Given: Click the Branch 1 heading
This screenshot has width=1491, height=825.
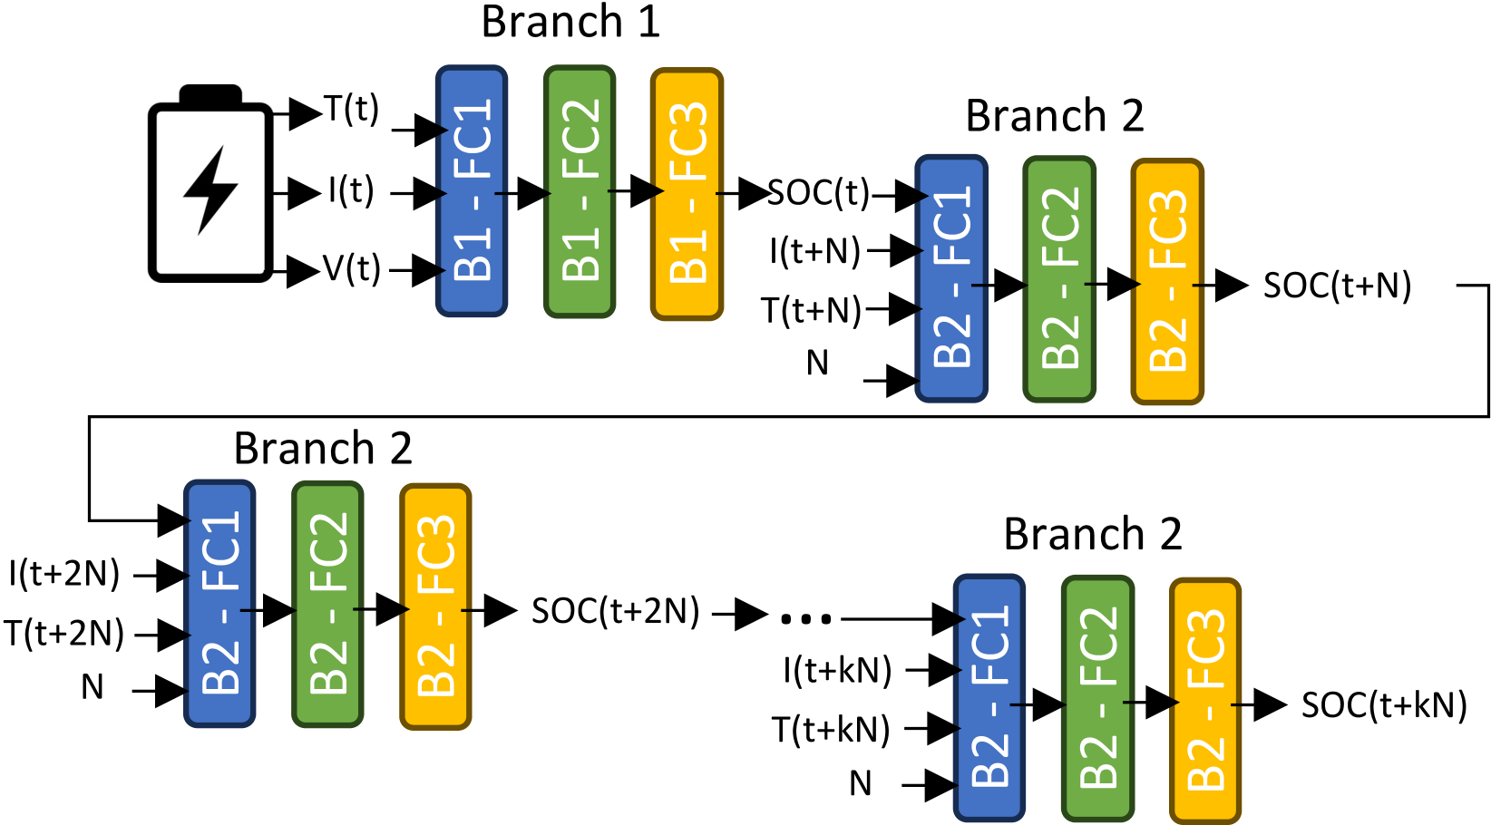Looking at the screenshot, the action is pyautogui.click(x=570, y=22).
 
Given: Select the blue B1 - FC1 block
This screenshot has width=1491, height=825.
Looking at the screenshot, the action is pyautogui.click(x=472, y=191).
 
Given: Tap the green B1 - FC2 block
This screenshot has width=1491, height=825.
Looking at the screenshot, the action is pyautogui.click(x=580, y=191).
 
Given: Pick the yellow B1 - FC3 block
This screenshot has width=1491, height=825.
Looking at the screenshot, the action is pyautogui.click(x=687, y=194).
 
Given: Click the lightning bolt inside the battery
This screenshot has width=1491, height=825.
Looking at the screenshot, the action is pyautogui.click(x=210, y=190).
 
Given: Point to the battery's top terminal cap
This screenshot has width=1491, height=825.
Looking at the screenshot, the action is pyautogui.click(x=210, y=93).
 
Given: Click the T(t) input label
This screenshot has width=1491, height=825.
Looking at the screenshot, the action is pyautogui.click(x=352, y=109).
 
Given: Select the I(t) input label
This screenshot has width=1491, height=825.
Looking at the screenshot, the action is pyautogui.click(x=351, y=191).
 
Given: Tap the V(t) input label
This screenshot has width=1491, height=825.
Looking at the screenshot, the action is pyautogui.click(x=352, y=268).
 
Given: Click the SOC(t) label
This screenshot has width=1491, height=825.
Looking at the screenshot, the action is pyautogui.click(x=819, y=194).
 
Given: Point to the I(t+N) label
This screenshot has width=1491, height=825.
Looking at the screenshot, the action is pyautogui.click(x=814, y=251).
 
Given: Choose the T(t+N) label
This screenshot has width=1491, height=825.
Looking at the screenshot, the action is pyautogui.click(x=812, y=310).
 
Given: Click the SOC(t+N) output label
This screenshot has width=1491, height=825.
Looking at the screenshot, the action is pyautogui.click(x=1337, y=286).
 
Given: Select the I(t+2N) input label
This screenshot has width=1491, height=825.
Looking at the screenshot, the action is pyautogui.click(x=63, y=574).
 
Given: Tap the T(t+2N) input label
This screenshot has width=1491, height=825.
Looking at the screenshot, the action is pyautogui.click(x=63, y=633).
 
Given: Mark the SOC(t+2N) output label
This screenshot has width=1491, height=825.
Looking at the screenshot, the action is pyautogui.click(x=616, y=611).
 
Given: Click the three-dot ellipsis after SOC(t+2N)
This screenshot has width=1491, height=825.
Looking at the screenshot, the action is pyautogui.click(x=806, y=619).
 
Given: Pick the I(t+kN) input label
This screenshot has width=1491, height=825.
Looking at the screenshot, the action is pyautogui.click(x=837, y=670).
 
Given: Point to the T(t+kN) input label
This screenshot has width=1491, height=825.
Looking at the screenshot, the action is pyautogui.click(x=831, y=729).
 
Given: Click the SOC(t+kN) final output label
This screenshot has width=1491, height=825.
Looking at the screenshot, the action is pyautogui.click(x=1385, y=705).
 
